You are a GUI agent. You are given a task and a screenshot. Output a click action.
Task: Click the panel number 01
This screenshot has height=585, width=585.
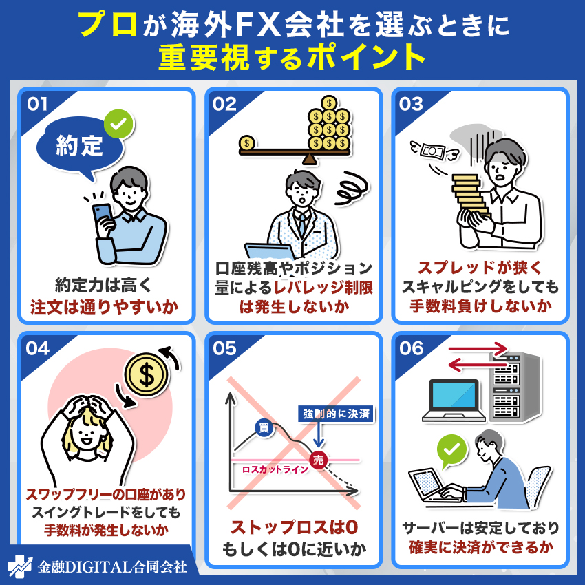(36, 104)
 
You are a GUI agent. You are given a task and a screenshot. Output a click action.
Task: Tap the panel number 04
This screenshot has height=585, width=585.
(37, 348)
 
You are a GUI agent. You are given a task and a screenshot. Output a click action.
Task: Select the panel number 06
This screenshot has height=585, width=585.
(412, 348)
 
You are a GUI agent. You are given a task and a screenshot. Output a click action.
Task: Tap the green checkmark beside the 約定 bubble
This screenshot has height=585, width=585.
(119, 125)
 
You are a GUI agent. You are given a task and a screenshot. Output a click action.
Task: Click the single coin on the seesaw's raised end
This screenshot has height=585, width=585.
(247, 143)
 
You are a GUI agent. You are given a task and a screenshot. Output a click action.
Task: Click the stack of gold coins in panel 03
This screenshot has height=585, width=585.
(471, 200)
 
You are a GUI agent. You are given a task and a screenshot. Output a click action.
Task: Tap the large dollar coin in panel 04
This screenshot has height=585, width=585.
(147, 374)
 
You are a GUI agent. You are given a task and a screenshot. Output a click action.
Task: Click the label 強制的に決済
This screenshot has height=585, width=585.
(336, 414)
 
